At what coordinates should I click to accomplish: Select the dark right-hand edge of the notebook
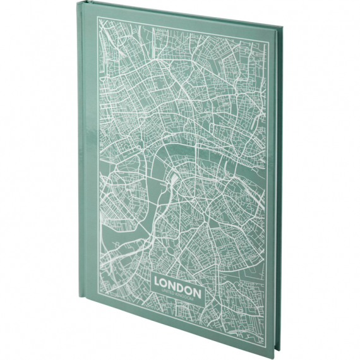(277, 189)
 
